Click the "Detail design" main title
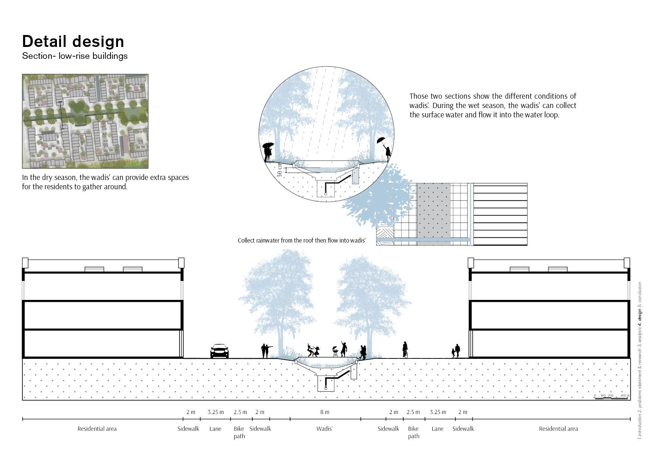coord(73,41)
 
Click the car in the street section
coord(219,351)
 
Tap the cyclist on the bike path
coord(405,350)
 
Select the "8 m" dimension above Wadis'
coord(325,412)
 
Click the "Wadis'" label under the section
coord(324,429)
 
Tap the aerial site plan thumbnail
coord(85,121)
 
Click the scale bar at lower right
coord(612,398)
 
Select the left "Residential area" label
coord(97,429)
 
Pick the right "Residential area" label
coord(558,429)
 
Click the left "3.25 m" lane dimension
coord(216,412)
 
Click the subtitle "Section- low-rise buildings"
coord(75,56)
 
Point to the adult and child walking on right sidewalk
coord(456,351)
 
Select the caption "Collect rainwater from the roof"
coord(302,241)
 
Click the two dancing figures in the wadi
coord(313,351)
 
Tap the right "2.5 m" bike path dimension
coord(413,412)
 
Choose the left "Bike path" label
coord(239,432)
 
